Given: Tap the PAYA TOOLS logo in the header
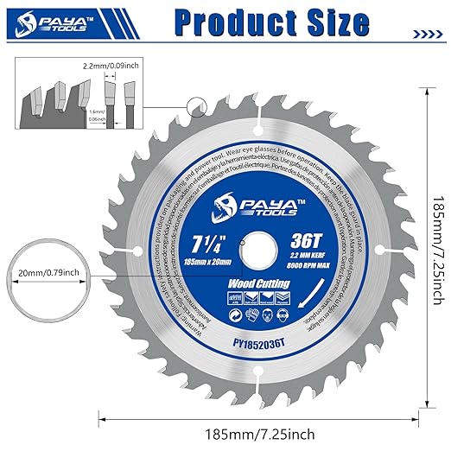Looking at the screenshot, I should coord(53,21).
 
